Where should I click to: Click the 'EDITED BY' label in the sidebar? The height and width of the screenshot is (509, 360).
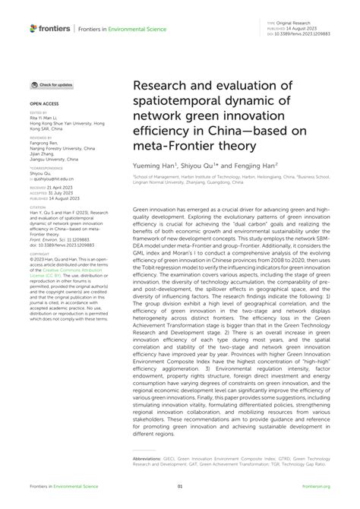pyautogui.click(x=38, y=110)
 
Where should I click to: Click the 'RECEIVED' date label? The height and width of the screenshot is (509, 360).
pyautogui.click(x=38, y=186)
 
